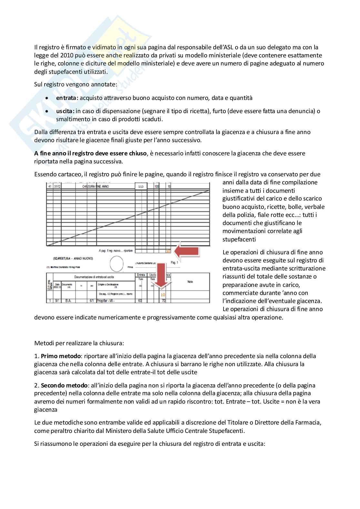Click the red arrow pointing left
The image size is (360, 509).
pos(187,250)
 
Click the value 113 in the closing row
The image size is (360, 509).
pos(141,187)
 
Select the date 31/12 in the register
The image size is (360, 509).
pos(57,186)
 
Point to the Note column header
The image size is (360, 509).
pos(190,281)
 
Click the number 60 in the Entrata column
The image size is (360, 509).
pos(140,301)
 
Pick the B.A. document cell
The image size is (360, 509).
pos(68,301)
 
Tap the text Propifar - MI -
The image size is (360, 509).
pos(105,301)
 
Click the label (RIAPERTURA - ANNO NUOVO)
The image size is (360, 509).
pos(73,259)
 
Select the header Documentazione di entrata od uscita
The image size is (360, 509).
pos(94,277)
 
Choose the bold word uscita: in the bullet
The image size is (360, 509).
pos(65,111)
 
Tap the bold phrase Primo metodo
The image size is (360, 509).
pos(61,356)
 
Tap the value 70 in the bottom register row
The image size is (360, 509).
pos(164,301)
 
